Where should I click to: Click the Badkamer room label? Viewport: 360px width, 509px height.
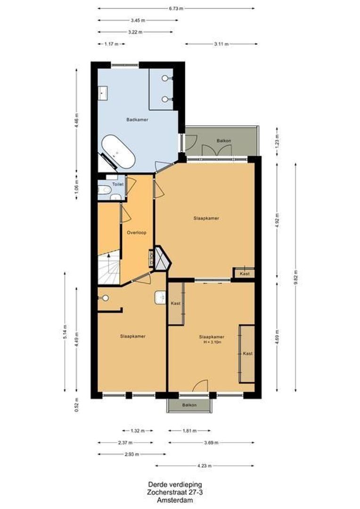(x=137, y=120)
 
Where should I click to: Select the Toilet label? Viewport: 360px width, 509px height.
(x=111, y=184)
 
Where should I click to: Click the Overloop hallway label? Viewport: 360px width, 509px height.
(x=137, y=233)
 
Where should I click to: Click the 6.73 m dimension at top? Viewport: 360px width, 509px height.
(x=176, y=8)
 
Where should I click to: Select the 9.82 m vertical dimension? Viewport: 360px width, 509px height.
(x=295, y=277)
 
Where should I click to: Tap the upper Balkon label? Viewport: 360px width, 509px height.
(x=223, y=141)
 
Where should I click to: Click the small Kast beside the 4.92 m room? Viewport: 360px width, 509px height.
(x=244, y=273)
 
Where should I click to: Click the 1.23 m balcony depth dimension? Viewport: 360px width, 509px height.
(x=277, y=141)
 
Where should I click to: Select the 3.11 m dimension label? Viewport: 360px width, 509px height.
(x=221, y=44)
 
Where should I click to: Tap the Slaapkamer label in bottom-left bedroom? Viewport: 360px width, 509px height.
(x=132, y=336)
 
